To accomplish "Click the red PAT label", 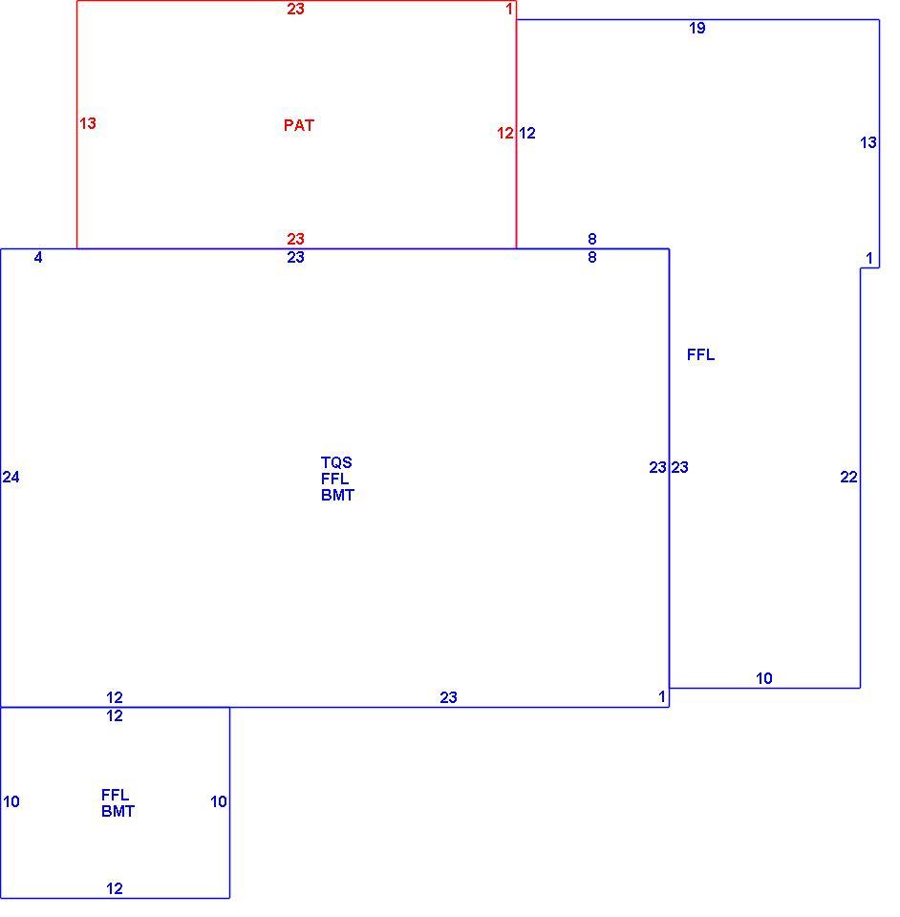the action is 299,126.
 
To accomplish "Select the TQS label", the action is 336,463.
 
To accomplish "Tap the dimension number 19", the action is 697,28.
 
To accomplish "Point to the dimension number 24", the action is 11,478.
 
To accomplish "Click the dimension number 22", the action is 848,478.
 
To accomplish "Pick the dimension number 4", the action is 38,258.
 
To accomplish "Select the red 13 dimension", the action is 88,124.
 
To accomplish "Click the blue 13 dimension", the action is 868,142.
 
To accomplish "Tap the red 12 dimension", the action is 505,134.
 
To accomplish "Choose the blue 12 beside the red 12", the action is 526,134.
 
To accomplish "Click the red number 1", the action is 509,10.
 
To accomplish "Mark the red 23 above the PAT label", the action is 295,9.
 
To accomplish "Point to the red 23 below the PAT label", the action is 295,239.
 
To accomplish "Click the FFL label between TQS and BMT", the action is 335,480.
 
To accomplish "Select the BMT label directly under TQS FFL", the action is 337,496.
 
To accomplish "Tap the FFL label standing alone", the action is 700,355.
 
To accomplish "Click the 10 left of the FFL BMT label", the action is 11,801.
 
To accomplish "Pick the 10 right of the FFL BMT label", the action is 219,801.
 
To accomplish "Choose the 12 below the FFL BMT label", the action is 115,889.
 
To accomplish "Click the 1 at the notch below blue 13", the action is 869,259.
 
